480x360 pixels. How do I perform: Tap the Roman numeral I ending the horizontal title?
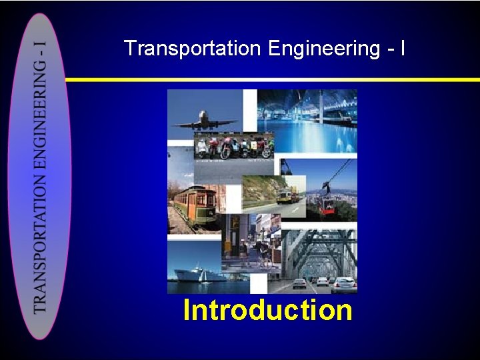coord(401,49)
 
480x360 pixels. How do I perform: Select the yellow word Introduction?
coord(267,311)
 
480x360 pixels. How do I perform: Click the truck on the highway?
coord(287,195)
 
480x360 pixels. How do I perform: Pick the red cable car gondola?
coord(327,205)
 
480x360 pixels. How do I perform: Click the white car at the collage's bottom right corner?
coord(344,285)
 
